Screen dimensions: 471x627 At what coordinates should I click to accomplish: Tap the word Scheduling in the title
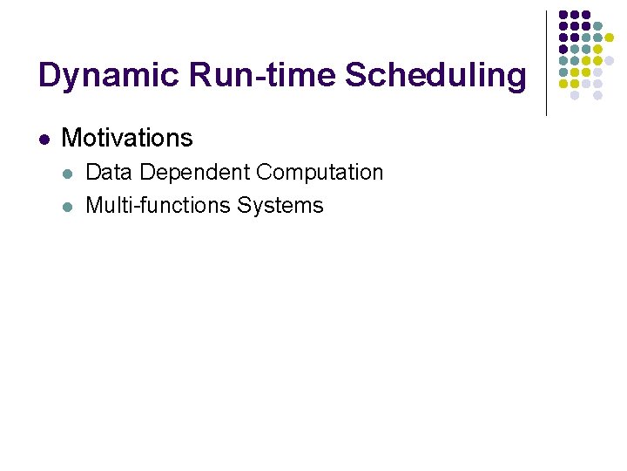435,76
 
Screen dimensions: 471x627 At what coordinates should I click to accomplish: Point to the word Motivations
127,138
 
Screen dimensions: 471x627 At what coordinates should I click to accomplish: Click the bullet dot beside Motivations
43,139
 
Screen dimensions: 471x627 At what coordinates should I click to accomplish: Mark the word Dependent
192,173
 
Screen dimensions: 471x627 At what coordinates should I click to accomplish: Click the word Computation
320,173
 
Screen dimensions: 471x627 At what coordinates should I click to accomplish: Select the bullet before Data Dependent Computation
67,174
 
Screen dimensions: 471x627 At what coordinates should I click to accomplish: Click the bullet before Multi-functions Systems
67,207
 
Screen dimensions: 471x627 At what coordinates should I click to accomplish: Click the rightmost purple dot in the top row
586,15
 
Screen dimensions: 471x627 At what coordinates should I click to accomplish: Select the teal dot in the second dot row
597,26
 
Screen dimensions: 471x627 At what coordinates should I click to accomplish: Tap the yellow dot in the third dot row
609,38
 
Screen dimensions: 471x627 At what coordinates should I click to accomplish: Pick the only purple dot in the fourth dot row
563,50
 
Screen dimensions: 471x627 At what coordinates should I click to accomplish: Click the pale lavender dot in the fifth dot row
609,61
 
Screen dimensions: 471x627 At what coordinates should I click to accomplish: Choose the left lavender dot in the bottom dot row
575,96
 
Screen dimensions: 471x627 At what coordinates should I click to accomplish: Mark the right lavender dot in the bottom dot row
597,96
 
